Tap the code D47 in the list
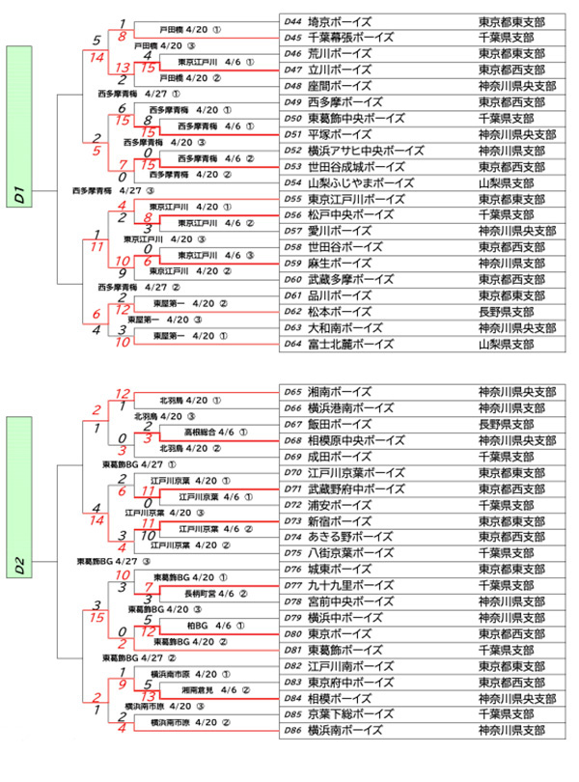[x=294, y=70]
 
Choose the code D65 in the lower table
[x=294, y=393]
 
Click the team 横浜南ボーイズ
[x=346, y=730]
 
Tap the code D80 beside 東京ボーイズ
[x=294, y=633]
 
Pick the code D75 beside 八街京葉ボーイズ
[x=294, y=553]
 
